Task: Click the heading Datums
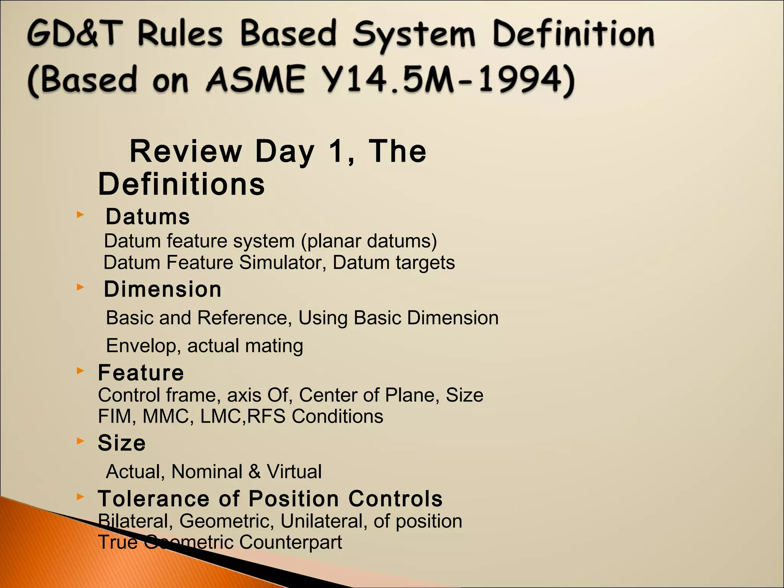(148, 217)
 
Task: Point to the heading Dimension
(163, 289)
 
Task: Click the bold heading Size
(122, 443)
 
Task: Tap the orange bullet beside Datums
(80, 215)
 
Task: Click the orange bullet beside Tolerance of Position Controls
(80, 497)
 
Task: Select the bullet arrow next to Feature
(80, 371)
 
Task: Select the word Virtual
(294, 471)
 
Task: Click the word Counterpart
(291, 542)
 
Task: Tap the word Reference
(242, 318)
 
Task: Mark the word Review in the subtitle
(186, 151)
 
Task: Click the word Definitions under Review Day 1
(181, 184)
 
